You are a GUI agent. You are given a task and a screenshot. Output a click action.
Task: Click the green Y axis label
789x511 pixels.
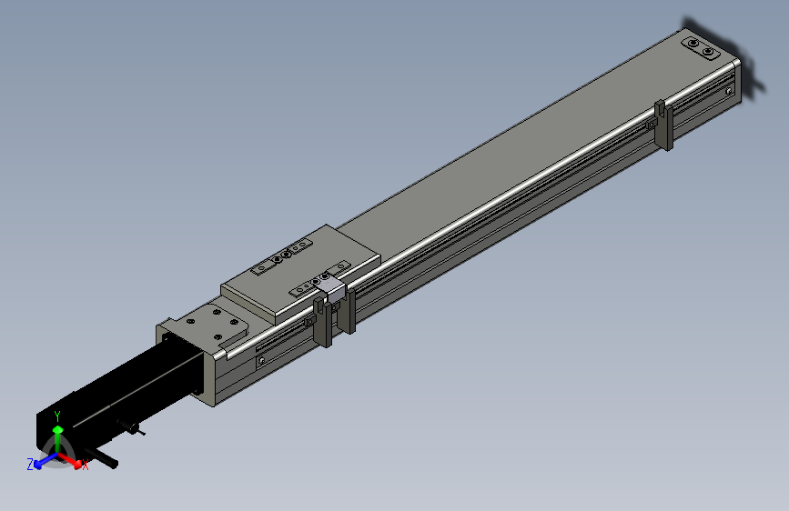coord(57,416)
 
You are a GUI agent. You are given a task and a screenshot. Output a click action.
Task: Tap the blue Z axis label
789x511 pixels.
coord(30,465)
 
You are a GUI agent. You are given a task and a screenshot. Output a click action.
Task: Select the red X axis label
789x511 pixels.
coord(85,466)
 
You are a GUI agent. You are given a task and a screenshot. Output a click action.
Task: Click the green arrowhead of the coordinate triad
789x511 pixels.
coord(58,429)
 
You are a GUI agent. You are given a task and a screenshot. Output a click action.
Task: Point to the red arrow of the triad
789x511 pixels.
coord(69,460)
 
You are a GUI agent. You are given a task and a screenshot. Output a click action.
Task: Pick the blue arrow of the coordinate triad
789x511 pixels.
coord(46,460)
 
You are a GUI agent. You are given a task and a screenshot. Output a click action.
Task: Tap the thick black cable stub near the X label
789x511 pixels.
coord(102,457)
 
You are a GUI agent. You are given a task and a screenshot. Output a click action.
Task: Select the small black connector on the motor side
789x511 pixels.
coord(130,427)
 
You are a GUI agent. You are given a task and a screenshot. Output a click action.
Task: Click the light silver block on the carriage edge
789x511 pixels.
coord(332,290)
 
